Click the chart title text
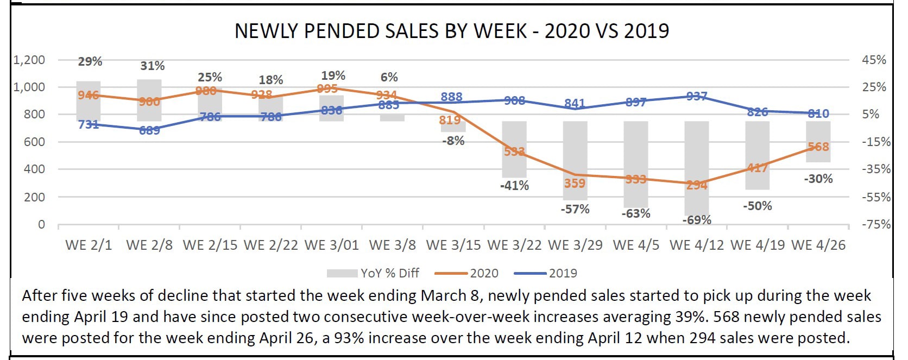pyautogui.click(x=451, y=31)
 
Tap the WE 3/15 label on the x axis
pyautogui.click(x=453, y=245)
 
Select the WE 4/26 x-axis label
pyautogui.click(x=818, y=245)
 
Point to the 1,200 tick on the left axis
pyautogui.click(x=29, y=60)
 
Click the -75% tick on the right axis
pyautogui.click(x=876, y=224)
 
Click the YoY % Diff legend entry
pyautogui.click(x=389, y=273)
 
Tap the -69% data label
pyautogui.click(x=697, y=220)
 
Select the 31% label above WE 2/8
pyautogui.click(x=152, y=66)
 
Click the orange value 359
pyautogui.click(x=575, y=184)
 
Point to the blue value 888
pyautogui.click(x=451, y=97)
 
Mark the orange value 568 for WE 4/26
pyautogui.click(x=818, y=147)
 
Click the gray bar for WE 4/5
pyautogui.click(x=635, y=157)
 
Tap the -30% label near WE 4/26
pyautogui.click(x=818, y=179)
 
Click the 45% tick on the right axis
pyautogui.click(x=874, y=60)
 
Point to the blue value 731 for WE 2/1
pyautogui.click(x=88, y=124)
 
